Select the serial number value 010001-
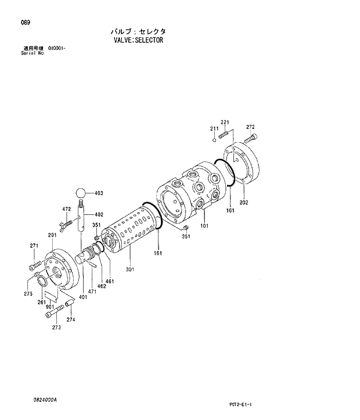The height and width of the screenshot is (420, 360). coord(56,48)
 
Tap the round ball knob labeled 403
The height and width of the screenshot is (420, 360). coord(81,192)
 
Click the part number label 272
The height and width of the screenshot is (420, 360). coord(250,127)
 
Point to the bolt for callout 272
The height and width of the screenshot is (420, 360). coord(250,139)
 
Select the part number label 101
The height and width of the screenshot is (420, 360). coord(204,225)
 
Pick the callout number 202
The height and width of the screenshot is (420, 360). coord(243,203)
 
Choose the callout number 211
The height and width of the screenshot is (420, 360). coord(214,128)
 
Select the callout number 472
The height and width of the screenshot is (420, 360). coord(67,209)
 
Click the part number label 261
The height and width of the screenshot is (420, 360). coord(42,302)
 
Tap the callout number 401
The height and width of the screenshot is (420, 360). coord(83,297)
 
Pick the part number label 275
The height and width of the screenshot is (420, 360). coord(28,294)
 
